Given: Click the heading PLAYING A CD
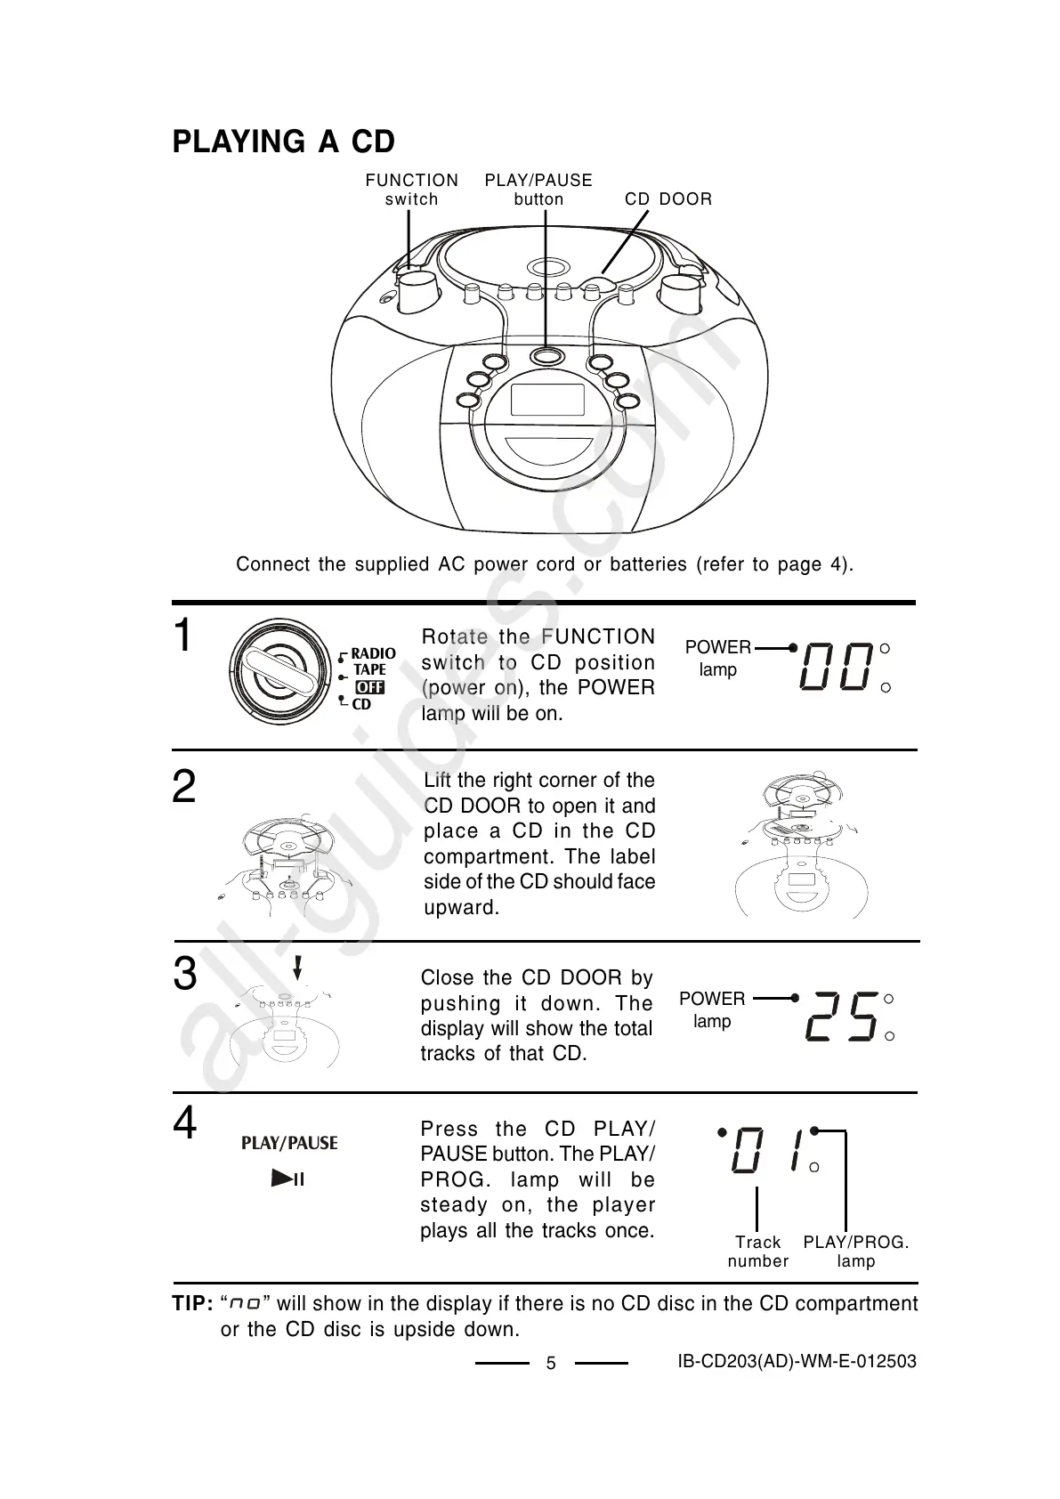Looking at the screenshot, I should (283, 142).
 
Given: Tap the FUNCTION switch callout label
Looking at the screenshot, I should (411, 190).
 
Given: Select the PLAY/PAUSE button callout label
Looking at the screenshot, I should (538, 190).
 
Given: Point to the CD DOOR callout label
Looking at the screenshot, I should (668, 199).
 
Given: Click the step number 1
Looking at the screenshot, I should (182, 636).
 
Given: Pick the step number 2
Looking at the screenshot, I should (183, 788).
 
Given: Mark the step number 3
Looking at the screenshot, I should (184, 974).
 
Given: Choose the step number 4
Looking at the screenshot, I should (184, 1123).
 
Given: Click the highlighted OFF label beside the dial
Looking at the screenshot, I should (369, 687).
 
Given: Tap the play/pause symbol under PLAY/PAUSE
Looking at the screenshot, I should (288, 1179).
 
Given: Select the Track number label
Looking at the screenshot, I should (757, 1252).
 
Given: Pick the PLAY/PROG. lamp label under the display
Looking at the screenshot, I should (855, 1252).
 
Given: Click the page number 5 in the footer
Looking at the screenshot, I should (551, 1364).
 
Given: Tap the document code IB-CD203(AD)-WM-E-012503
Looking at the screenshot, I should (797, 1361).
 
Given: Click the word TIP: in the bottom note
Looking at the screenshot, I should (192, 1304).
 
